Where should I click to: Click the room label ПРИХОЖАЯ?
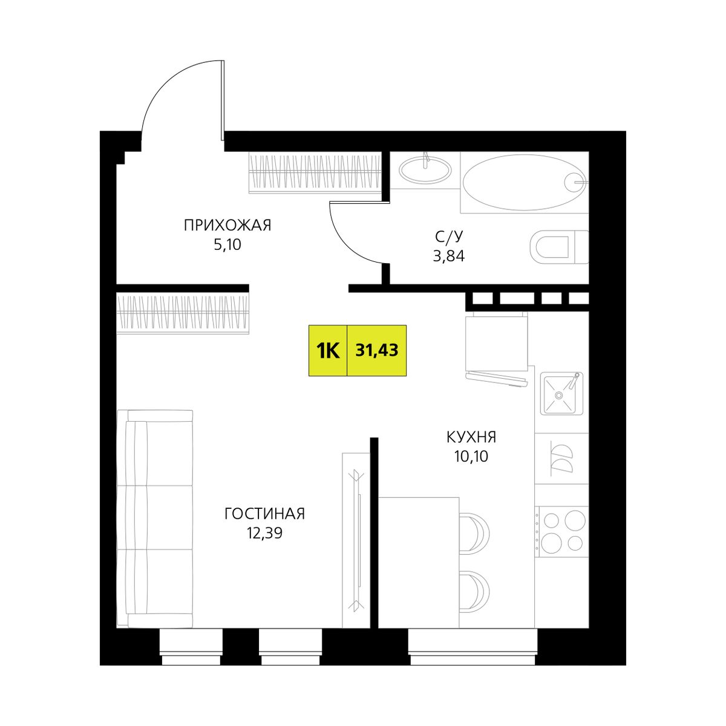pos(227,225)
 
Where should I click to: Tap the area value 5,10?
pos(227,245)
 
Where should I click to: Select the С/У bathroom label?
pos(449,237)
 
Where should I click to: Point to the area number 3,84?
pos(449,256)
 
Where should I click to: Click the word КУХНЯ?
pos(471,437)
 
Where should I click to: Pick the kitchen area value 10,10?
pos(471,457)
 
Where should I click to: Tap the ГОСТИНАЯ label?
pos(264,514)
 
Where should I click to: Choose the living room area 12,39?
pos(264,533)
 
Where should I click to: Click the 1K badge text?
pos(328,351)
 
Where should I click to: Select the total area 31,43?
pos(377,351)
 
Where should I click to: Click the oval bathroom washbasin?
pos(425,169)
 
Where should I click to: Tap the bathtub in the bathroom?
pos(524,182)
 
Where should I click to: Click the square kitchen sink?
pos(561,394)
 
